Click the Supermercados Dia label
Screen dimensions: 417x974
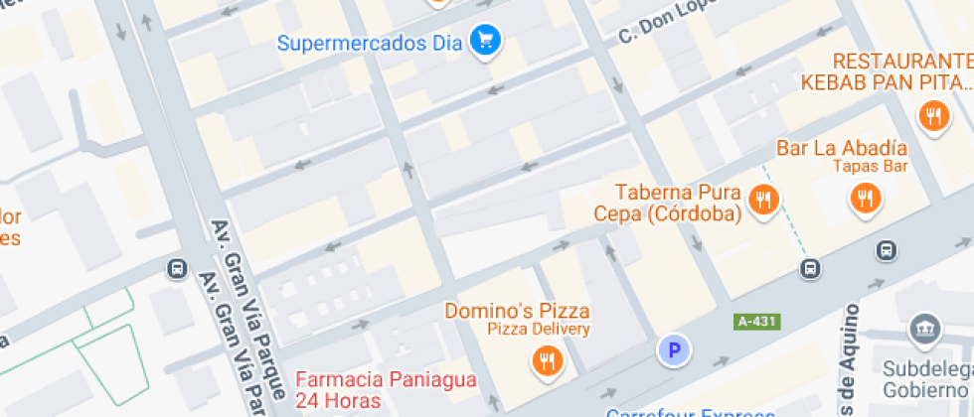tap(370, 43)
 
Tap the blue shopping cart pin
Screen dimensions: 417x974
tap(486, 40)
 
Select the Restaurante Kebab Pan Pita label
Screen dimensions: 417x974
tap(888, 70)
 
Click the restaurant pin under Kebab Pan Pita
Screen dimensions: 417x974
tap(933, 116)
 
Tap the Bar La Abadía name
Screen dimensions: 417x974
tap(842, 148)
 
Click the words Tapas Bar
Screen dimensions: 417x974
tap(870, 167)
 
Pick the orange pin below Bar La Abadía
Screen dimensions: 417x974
tap(866, 199)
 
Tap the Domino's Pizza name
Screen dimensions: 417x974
tap(517, 311)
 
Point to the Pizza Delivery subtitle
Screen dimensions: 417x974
tap(538, 329)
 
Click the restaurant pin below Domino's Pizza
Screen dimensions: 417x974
tap(546, 359)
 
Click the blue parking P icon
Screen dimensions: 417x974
tap(674, 349)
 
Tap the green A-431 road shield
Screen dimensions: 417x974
tap(757, 322)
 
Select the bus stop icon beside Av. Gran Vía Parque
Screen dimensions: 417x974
tap(178, 269)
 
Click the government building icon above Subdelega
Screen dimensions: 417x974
tap(924, 328)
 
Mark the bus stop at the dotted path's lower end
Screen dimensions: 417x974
tap(811, 268)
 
